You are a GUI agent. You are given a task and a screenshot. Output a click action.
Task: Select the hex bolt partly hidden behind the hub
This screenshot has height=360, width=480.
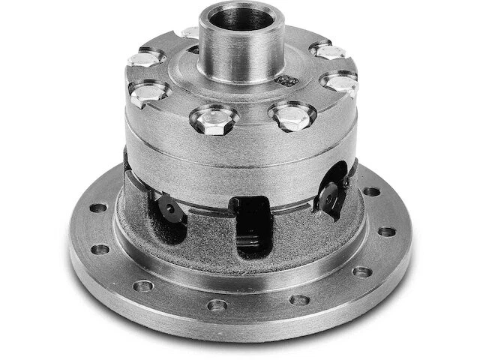pyautogui.click(x=190, y=34)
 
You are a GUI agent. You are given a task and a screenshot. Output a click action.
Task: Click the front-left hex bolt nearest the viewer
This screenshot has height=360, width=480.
pyautogui.click(x=214, y=118)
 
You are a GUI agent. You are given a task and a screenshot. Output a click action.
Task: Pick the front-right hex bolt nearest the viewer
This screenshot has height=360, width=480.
pyautogui.click(x=292, y=115)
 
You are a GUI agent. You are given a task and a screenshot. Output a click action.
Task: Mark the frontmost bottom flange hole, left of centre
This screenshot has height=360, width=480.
pyautogui.click(x=217, y=305)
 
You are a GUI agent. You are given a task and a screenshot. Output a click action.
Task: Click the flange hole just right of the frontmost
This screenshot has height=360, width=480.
pyautogui.click(x=299, y=300)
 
